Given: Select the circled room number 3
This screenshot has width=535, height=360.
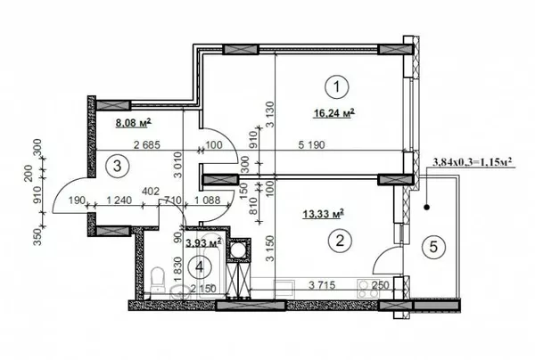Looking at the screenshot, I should coord(112,164).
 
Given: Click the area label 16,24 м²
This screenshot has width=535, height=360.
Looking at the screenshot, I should coord(334,113).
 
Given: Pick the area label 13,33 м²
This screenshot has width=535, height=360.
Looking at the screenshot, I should coord(324,213).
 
